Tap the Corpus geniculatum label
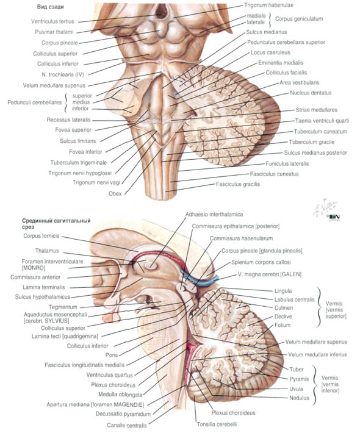(x=299, y=19)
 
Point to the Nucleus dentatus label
(x=311, y=93)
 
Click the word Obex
(x=115, y=193)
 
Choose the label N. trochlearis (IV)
(x=63, y=74)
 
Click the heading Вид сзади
(x=51, y=7)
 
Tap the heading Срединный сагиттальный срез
(x=56, y=224)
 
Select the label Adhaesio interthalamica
(x=214, y=214)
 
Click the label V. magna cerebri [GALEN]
(x=269, y=274)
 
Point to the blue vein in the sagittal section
(x=198, y=279)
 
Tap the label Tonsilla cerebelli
(x=217, y=424)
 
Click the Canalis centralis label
(x=127, y=425)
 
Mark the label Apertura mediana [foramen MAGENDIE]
(x=95, y=405)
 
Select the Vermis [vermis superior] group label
(x=336, y=310)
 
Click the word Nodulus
(x=299, y=398)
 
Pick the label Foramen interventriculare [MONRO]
(x=52, y=265)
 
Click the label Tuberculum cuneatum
(x=320, y=132)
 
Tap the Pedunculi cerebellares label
(x=35, y=102)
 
